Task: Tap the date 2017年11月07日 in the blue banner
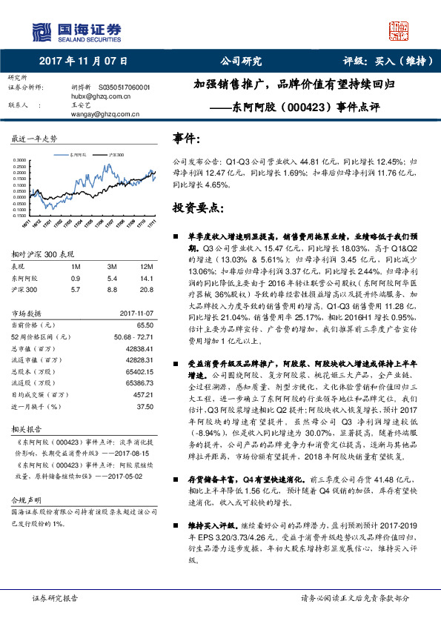click(82, 61)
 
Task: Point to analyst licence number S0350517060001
click(125, 87)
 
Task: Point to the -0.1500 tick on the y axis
click(20, 215)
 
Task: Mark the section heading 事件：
click(186, 138)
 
